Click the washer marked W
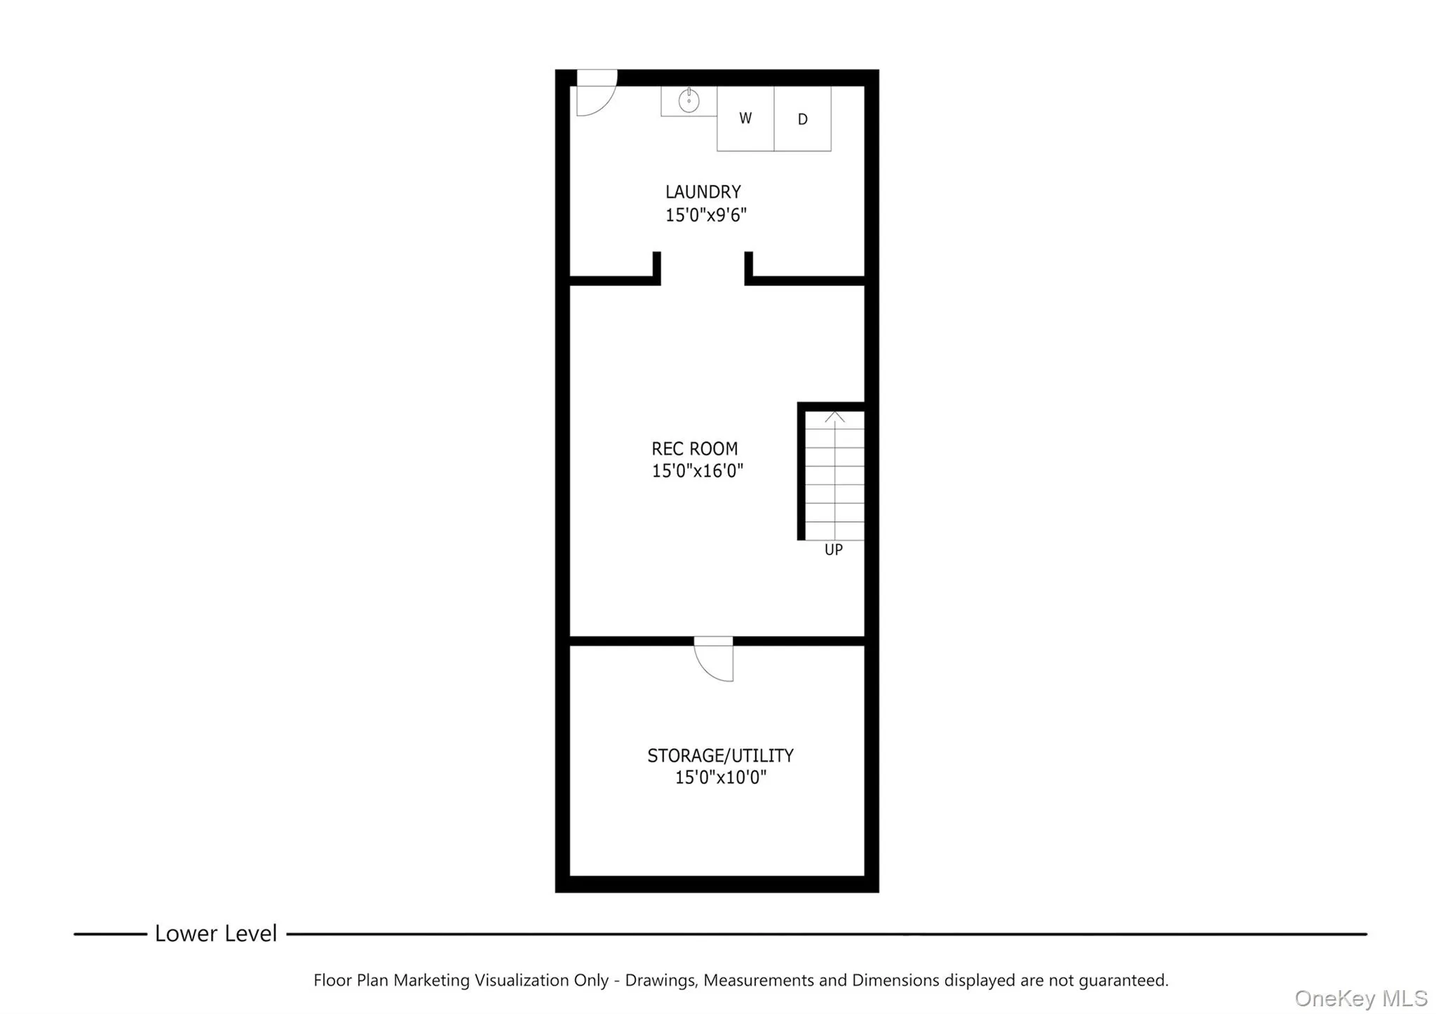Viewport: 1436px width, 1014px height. tap(745, 119)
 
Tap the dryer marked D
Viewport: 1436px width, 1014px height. tap(802, 119)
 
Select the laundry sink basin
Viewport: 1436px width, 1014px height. tap(689, 102)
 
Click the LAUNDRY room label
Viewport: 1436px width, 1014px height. tap(703, 191)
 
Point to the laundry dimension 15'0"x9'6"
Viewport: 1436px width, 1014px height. tap(705, 215)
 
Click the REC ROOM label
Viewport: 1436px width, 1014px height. tap(694, 449)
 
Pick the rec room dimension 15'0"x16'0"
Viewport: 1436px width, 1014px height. tap(697, 471)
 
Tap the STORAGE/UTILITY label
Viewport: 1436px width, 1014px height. tap(720, 755)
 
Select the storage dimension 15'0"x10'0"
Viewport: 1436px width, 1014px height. tap(720, 777)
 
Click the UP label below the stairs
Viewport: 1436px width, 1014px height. tap(833, 550)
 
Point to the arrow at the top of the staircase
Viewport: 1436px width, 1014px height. tap(834, 418)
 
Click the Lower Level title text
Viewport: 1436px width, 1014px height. tap(216, 933)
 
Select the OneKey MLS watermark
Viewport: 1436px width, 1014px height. tap(1360, 998)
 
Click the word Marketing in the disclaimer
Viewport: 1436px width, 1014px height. tap(431, 980)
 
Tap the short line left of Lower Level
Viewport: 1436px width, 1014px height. tap(110, 934)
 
